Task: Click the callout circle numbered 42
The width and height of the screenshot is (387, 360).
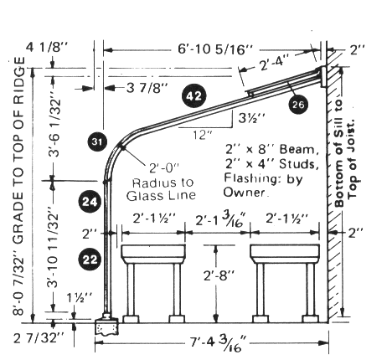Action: [x=194, y=96]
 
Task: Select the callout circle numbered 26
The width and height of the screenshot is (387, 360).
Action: [x=298, y=105]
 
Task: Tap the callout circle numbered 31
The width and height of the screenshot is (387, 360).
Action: [x=97, y=141]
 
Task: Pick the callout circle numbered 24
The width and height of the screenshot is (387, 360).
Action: [x=90, y=202]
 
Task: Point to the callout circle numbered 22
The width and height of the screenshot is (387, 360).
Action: [x=90, y=260]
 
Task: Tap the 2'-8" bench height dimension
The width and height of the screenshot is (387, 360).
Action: [x=219, y=275]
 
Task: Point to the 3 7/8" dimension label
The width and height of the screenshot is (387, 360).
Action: [x=147, y=88]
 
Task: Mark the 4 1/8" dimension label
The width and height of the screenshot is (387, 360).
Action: [x=47, y=48]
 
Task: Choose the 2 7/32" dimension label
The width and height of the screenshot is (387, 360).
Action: [x=39, y=338]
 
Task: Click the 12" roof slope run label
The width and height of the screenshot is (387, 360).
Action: [x=203, y=136]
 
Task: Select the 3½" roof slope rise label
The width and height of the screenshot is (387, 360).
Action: [x=251, y=118]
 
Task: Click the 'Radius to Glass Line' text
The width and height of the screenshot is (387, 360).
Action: [x=161, y=189]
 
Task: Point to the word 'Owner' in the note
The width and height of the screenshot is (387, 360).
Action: [x=244, y=193]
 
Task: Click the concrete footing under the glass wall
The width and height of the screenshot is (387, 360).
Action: [x=107, y=327]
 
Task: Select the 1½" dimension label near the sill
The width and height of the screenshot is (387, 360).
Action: [x=79, y=299]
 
